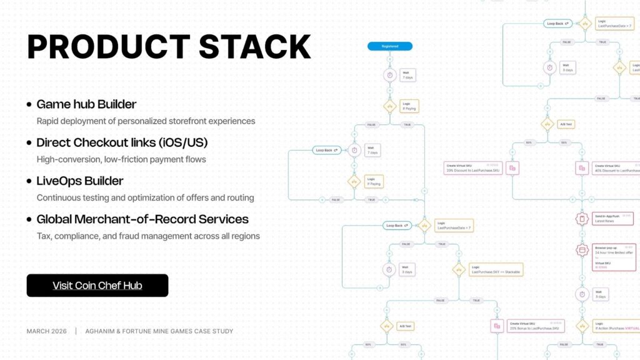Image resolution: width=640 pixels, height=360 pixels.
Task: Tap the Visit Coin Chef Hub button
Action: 97,286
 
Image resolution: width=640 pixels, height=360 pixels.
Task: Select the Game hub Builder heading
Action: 86,104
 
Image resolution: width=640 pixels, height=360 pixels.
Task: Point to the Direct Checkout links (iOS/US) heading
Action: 122,142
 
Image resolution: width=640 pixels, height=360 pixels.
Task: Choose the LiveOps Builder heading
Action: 80,181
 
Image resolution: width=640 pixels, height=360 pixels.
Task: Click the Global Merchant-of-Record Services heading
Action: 142,219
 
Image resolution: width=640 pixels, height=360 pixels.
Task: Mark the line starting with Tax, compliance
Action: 148,236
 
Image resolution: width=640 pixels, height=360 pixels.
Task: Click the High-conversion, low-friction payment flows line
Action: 121,159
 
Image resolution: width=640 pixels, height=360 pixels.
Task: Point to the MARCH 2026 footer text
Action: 47,331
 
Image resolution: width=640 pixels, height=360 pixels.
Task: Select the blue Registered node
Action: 389,46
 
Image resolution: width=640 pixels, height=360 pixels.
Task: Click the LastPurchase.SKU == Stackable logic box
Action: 496,269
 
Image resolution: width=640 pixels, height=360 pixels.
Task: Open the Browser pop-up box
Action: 615,254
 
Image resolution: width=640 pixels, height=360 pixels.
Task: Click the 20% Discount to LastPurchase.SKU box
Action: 472,167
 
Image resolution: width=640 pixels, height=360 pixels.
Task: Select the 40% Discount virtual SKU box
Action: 616,167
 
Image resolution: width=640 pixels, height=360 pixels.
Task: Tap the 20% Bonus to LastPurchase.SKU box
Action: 536,326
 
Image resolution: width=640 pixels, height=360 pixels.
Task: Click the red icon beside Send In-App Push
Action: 582,219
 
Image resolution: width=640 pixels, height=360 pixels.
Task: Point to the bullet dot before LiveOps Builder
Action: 29,181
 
